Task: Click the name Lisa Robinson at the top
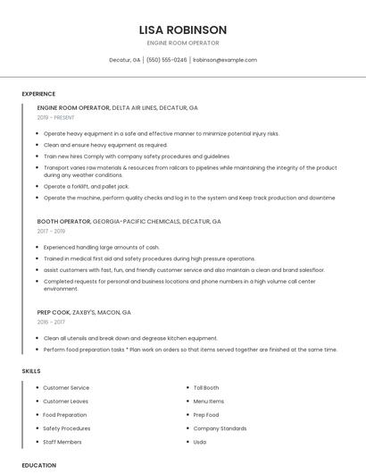coord(182,30)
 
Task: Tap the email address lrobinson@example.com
coord(224,60)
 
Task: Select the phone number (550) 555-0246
coord(166,60)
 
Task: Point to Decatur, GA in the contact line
coord(124,60)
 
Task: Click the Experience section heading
coord(38,94)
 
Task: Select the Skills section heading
coord(31,370)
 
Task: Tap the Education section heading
coord(38,465)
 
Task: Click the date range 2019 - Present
coord(56,117)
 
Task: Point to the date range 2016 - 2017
coord(51,322)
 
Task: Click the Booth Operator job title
coord(63,221)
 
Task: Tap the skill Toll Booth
coord(206,387)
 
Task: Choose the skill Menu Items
coord(209,402)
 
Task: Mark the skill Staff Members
coord(62,442)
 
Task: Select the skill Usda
coord(200,442)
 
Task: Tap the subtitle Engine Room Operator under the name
coord(182,43)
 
